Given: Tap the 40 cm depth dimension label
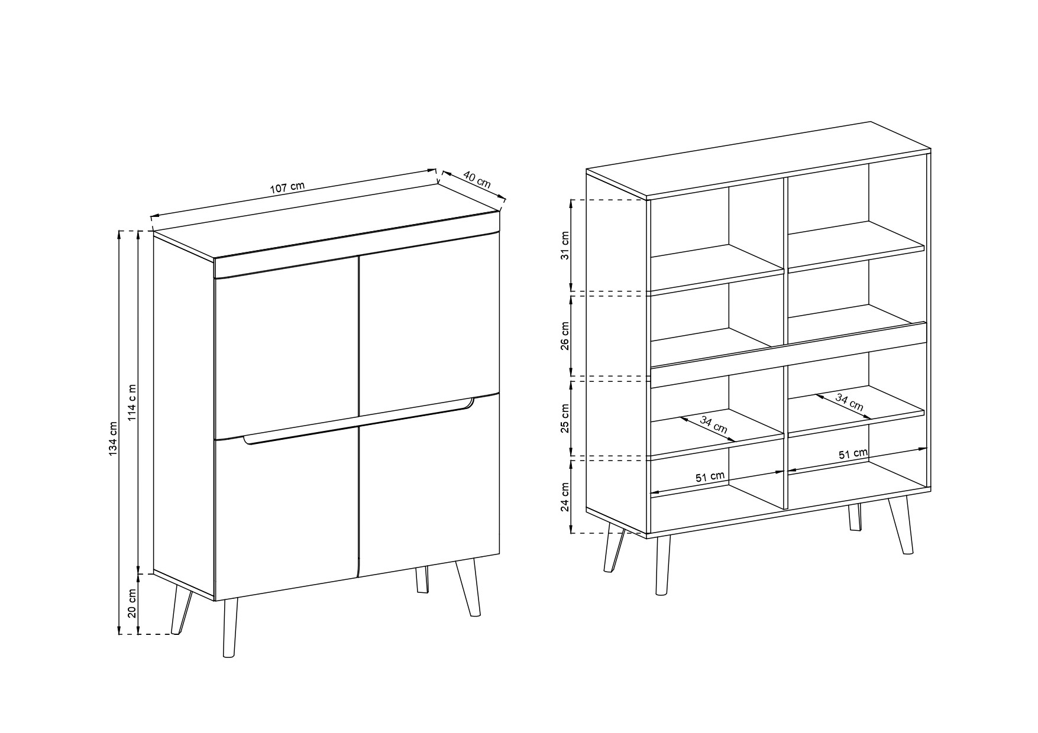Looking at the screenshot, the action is [477, 179].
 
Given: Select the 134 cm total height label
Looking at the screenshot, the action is [114, 438].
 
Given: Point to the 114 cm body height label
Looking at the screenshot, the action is [132, 403].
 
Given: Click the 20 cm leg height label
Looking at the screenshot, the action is [132, 604].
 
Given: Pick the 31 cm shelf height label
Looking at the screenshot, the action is [565, 246].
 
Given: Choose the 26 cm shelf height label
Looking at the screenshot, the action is [565, 336].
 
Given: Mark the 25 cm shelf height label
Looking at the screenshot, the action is [565, 419].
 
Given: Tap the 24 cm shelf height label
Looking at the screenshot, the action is [565, 497].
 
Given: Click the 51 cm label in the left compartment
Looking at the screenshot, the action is [710, 477].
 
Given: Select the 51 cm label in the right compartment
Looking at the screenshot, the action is [853, 454].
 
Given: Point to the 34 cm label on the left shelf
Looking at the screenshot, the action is [714, 424].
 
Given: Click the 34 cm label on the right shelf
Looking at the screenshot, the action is [849, 402].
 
